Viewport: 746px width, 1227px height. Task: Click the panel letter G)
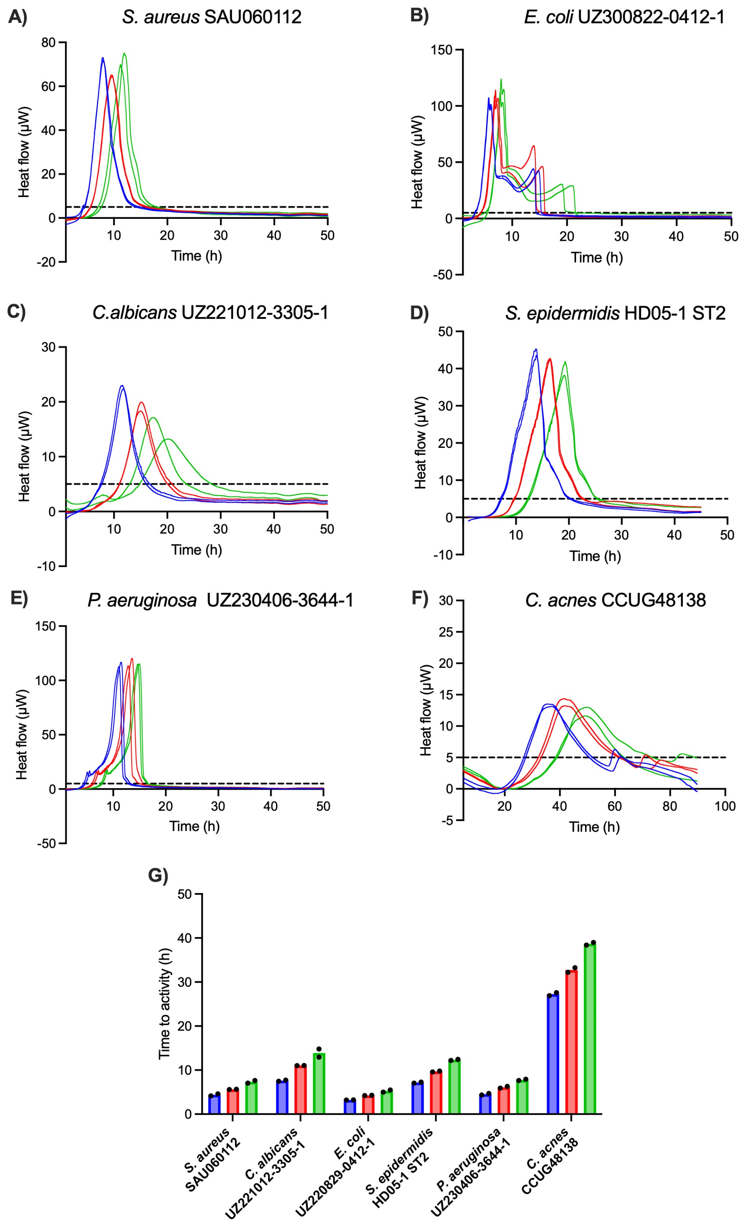pos(158,875)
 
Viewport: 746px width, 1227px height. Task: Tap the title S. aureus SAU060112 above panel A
pos(212,17)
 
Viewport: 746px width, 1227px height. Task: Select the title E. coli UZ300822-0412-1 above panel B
pos(624,17)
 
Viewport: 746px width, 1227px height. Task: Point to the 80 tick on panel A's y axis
pos(48,43)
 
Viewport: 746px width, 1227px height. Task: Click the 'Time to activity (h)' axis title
pos(164,1003)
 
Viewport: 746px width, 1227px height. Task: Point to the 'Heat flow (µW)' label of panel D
pos(421,443)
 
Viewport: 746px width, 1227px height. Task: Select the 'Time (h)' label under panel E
pos(194,826)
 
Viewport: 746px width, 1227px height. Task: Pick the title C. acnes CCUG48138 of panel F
pos(615,600)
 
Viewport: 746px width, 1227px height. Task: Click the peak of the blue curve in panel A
pos(103,58)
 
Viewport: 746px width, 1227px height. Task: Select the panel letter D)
pos(419,312)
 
